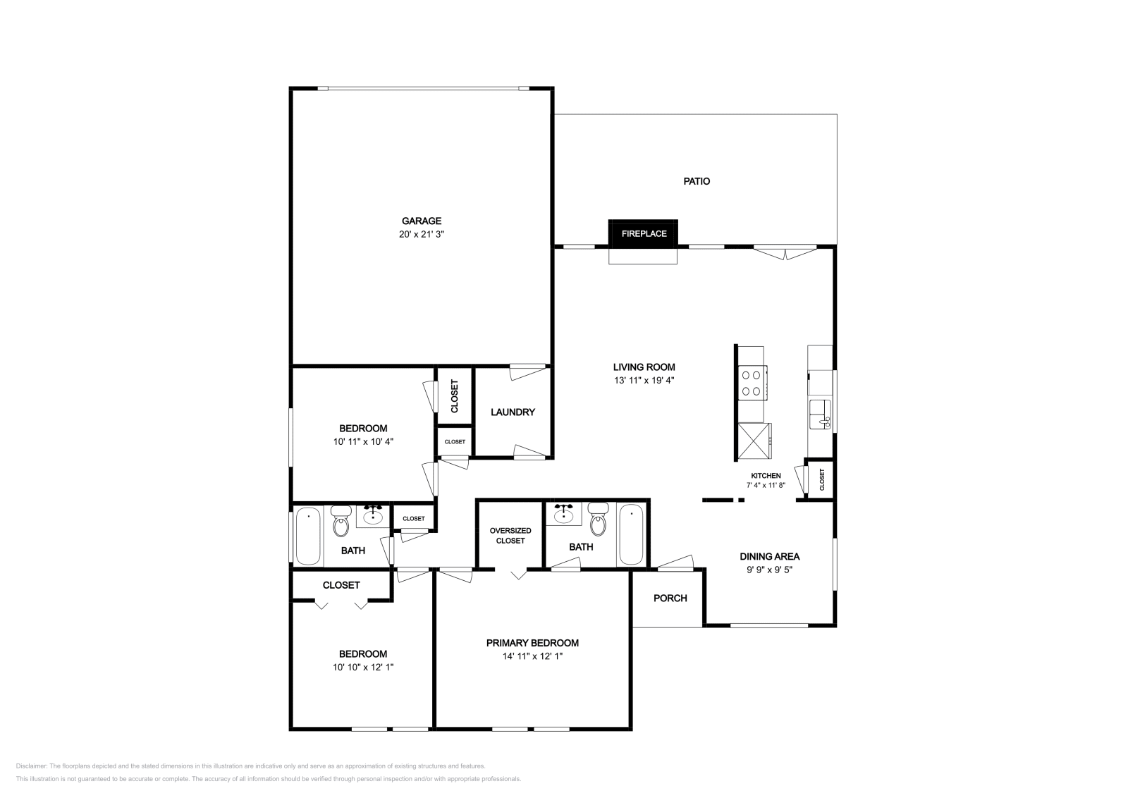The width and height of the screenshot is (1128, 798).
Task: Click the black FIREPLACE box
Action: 644,233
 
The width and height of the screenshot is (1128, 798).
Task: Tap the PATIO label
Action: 697,181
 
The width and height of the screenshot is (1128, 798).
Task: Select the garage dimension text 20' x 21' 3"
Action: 422,234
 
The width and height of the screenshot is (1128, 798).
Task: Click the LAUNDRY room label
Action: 513,412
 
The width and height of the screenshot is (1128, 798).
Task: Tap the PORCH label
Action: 670,598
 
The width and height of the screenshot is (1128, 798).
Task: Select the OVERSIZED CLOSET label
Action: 510,535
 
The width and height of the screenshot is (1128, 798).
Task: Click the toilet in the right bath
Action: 598,522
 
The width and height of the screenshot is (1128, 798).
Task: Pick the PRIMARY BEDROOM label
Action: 532,643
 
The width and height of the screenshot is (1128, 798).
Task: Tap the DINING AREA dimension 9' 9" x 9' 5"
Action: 769,570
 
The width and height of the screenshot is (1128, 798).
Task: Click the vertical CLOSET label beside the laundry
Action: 455,396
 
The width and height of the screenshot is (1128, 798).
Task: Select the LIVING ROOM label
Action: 644,367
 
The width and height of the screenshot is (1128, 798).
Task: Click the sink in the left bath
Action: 372,517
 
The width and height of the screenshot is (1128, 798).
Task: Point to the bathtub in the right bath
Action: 631,536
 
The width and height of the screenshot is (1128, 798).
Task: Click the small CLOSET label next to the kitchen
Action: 822,480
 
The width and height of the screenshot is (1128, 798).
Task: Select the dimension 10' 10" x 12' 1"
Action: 363,667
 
